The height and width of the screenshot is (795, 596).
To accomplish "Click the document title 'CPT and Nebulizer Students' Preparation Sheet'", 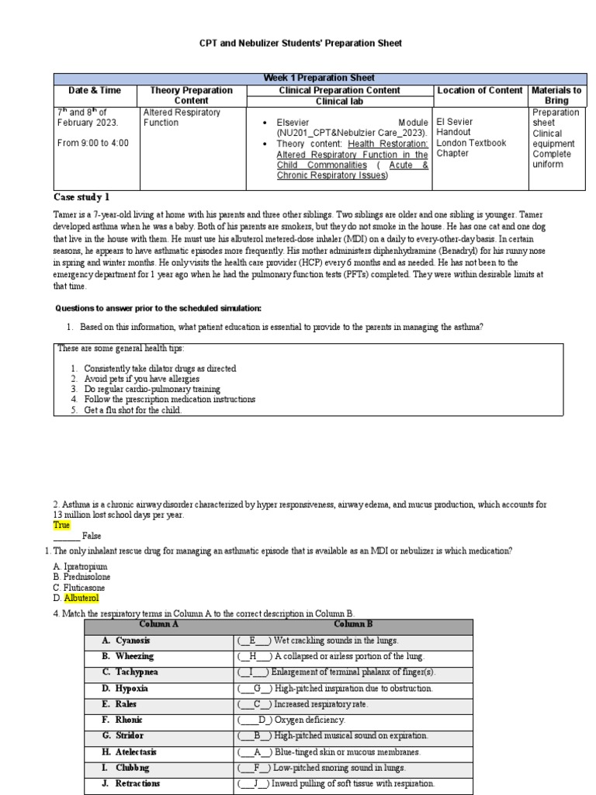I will tap(297, 43).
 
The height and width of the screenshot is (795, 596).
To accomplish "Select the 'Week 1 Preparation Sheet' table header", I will tap(318, 78).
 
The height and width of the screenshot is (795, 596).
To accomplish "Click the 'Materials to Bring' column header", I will tap(556, 95).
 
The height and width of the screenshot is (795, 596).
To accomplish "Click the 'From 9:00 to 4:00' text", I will tap(92, 143).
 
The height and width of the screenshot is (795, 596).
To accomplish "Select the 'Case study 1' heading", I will tap(81, 196).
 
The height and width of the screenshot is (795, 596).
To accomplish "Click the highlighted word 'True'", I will tap(62, 525).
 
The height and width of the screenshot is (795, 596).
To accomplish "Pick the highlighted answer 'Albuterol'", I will tap(81, 599).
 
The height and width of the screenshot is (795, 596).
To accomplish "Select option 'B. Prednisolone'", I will tap(81, 578).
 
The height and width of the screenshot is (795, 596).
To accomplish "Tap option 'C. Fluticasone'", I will tap(81, 588).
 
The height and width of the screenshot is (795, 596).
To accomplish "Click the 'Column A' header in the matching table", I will tap(158, 624).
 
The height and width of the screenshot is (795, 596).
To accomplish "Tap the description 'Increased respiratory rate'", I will tap(321, 704).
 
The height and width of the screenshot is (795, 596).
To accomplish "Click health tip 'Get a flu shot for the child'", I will tap(133, 410).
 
